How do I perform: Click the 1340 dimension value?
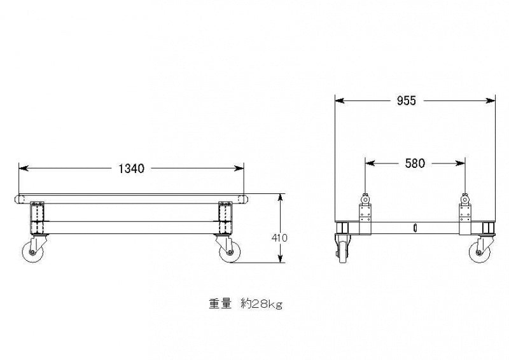pos(131,169)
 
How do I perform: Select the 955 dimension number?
pos(406,101)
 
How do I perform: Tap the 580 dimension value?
pos(415,163)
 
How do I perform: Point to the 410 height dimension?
pos(279,238)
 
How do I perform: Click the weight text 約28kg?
pos(261,304)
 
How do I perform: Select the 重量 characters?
pos(220,304)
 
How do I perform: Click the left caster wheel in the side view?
pos(33,253)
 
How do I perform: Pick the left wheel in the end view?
pos(343,250)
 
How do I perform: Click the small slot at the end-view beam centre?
pos(415,228)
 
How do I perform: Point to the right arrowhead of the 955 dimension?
pos(491,100)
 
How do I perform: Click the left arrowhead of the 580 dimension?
pos(370,163)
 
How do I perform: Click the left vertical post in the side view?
pos(37,218)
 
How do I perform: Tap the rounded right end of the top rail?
pos(244,199)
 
